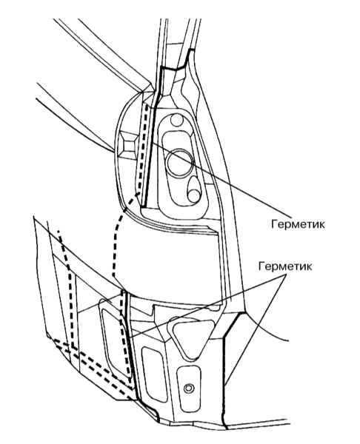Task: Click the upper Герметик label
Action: [298, 224]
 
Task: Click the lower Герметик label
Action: [285, 266]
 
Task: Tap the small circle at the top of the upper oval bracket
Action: [177, 120]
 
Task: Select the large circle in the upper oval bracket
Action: [179, 164]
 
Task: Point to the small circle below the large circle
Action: [194, 195]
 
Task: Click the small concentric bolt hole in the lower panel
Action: [188, 388]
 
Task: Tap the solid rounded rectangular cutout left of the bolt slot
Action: [155, 374]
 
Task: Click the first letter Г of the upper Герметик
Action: [274, 224]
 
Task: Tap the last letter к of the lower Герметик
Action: [309, 267]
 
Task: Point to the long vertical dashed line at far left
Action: [68, 289]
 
